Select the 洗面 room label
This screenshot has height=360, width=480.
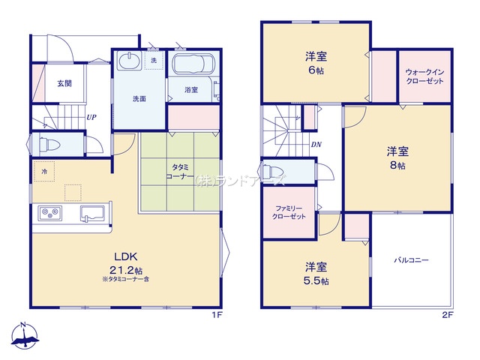(139, 98)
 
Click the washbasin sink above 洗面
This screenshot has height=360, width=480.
(130, 61)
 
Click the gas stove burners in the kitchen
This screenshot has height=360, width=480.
(49, 214)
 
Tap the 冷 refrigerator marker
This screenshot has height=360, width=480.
(44, 171)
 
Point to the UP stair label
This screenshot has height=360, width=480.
(91, 117)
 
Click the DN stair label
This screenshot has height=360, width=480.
(316, 145)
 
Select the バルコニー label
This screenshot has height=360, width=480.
(412, 261)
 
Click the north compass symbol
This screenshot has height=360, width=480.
(25, 337)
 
